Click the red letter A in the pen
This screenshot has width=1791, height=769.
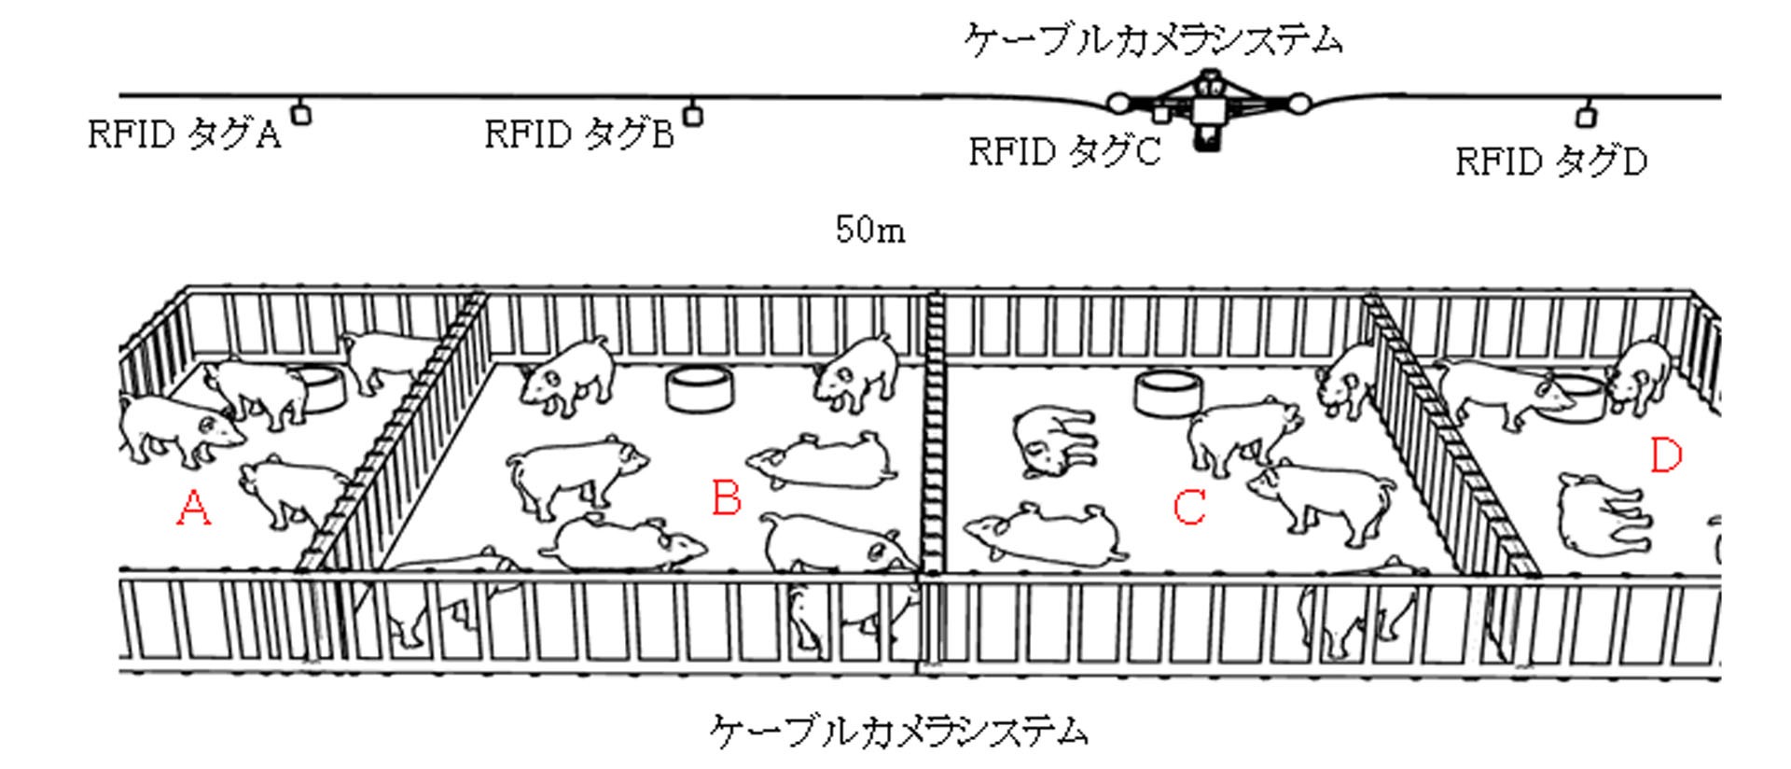(x=193, y=510)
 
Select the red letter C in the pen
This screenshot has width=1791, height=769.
(x=1189, y=508)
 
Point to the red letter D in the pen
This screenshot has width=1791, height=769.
(x=1665, y=456)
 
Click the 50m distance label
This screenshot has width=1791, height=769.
(x=869, y=231)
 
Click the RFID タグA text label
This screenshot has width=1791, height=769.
(x=184, y=136)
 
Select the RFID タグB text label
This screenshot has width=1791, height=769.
(x=578, y=136)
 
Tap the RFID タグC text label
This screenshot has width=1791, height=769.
(x=1064, y=151)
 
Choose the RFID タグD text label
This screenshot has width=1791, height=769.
(x=1551, y=162)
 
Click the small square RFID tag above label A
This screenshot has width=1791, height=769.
(x=301, y=115)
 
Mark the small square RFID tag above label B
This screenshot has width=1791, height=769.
(x=692, y=116)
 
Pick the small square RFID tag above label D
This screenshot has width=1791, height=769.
(x=1585, y=118)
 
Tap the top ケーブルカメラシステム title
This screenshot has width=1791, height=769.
(x=1153, y=41)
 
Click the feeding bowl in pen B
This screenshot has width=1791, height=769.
(x=699, y=387)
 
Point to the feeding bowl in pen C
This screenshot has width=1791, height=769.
(x=1167, y=392)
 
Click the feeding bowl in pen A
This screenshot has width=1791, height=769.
(x=320, y=389)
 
